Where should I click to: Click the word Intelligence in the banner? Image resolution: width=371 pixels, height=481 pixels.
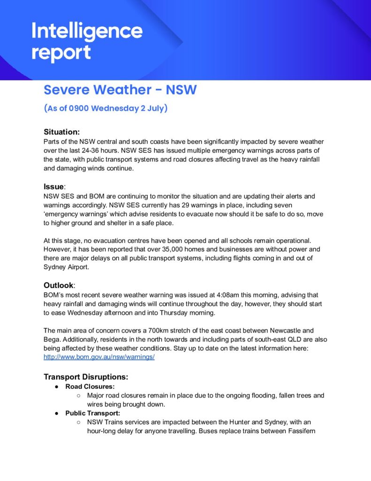[x=87, y=31]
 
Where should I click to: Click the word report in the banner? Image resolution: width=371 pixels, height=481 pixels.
[x=61, y=53]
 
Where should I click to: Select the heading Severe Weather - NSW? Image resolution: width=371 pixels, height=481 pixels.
[x=120, y=89]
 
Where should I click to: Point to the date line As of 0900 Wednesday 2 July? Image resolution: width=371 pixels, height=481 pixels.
[x=106, y=109]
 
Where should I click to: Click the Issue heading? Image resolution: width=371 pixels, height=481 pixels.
[x=53, y=186]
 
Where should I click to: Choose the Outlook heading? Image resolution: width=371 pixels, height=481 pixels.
[x=59, y=285]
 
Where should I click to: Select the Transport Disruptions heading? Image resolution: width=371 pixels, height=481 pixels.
[x=86, y=377]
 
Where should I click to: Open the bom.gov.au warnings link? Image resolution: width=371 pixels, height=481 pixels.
[x=99, y=357]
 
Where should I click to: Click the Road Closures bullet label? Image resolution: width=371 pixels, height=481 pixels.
[x=90, y=387]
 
